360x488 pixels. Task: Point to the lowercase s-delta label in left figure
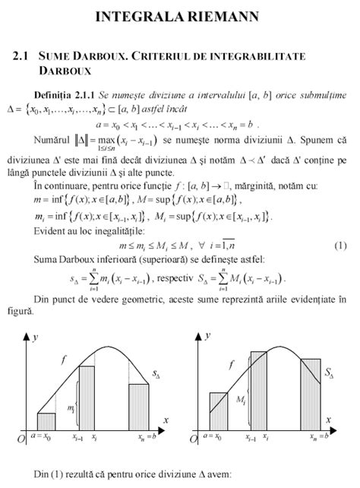click(x=156, y=375)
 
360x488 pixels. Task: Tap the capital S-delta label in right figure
click(x=330, y=373)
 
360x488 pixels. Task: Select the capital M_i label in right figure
click(x=241, y=399)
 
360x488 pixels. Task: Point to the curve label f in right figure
click(x=232, y=365)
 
